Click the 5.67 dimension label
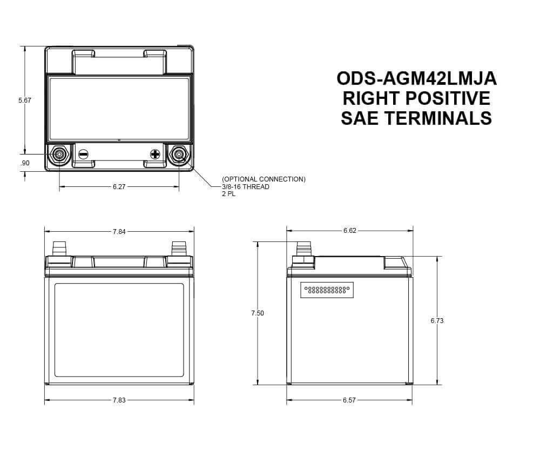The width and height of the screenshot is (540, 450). coord(25,100)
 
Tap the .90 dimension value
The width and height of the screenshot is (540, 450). coord(25,163)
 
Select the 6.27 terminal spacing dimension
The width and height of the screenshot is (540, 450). coord(119,187)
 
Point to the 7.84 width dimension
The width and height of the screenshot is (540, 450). coord(119,232)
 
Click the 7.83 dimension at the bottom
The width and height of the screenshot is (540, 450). coord(119,400)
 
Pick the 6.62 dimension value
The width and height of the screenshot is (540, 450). coord(349,231)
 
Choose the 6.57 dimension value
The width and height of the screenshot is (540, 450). coord(349,400)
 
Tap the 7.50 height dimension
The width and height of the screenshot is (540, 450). coord(258,313)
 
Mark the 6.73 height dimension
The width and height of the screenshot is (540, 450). coord(437,321)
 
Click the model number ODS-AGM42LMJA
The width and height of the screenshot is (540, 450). coord(416,78)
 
